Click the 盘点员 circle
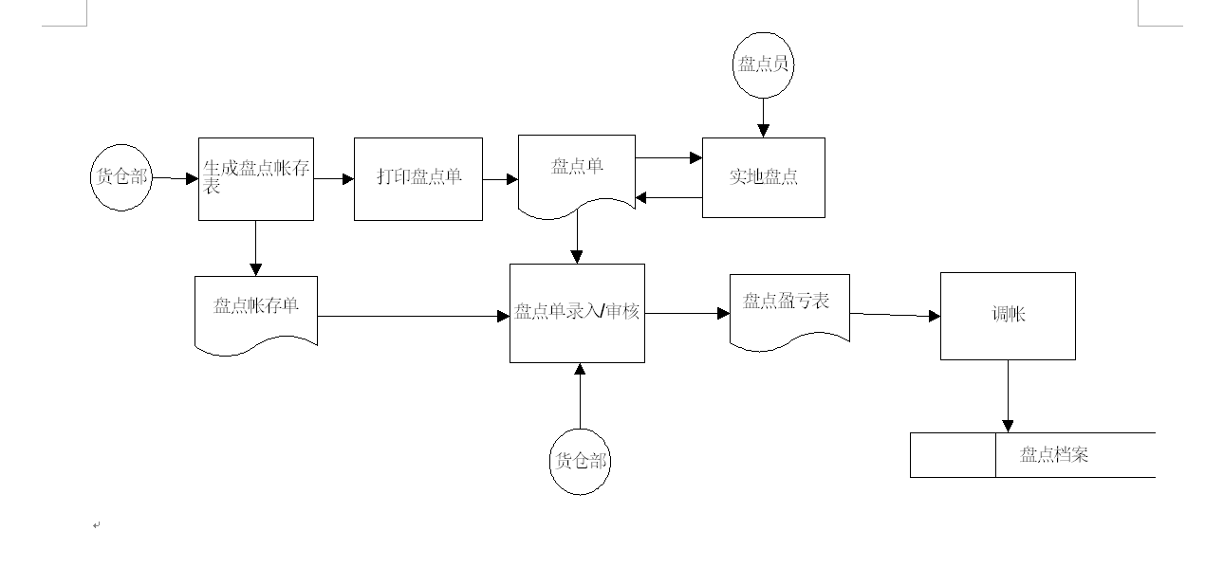[x=764, y=64]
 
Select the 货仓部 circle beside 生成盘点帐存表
[x=121, y=177]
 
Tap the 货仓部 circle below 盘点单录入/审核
[x=580, y=462]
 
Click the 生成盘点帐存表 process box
[x=255, y=178]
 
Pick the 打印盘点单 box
[x=418, y=178]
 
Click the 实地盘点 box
[x=763, y=177]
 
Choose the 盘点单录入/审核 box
[x=577, y=313]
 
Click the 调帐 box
[x=1008, y=316]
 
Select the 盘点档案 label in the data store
[x=1054, y=455]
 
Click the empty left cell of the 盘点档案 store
[x=953, y=455]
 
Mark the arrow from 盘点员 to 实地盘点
[x=762, y=118]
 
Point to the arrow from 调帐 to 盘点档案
[x=1008, y=396]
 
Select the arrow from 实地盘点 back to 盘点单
[x=669, y=198]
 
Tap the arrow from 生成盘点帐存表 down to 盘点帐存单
[x=255, y=248]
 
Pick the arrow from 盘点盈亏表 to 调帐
[x=895, y=314]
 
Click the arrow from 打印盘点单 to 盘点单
[x=500, y=178]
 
